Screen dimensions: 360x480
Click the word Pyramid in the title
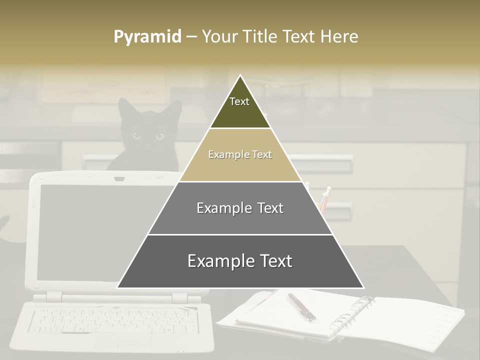pyautogui.click(x=147, y=37)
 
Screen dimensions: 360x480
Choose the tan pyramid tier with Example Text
pyautogui.click(x=240, y=155)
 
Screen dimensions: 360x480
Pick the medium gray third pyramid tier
pyautogui.click(x=240, y=208)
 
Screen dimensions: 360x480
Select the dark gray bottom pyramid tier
pyautogui.click(x=240, y=261)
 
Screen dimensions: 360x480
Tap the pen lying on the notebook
pyautogui.click(x=301, y=306)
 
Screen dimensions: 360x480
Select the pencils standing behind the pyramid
pyautogui.click(x=324, y=199)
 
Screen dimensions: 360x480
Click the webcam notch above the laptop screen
pyautogui.click(x=119, y=178)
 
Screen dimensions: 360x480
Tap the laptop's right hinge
pyautogui.click(x=179, y=298)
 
